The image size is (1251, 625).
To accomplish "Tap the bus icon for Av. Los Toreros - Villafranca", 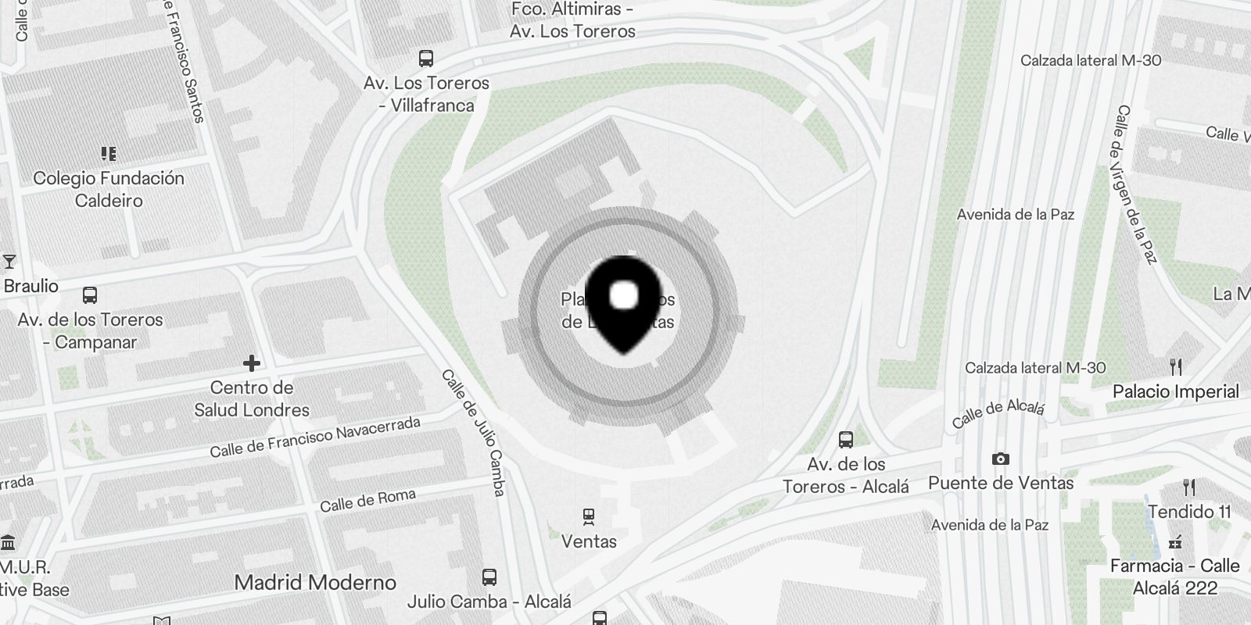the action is pos(426,59).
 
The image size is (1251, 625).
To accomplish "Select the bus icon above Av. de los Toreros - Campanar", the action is pos(90,295).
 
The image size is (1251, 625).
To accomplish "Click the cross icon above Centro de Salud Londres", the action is pos(251,363).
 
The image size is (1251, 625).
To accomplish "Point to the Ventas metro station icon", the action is pos(589,516).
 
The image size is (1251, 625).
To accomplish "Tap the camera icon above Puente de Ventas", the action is pos(1000,459).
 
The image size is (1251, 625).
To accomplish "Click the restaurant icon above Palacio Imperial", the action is pos(1175,366).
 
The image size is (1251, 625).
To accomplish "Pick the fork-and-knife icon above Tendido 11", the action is pos(1188,487).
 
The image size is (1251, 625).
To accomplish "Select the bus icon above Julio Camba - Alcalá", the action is pos(489,577).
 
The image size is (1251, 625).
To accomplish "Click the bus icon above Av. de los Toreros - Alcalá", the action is pos(846,439).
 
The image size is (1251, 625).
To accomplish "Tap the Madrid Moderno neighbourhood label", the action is pos(315,582).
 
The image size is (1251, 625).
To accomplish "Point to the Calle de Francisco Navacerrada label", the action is pos(315,437).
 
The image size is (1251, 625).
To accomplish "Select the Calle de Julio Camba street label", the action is pos(473,433).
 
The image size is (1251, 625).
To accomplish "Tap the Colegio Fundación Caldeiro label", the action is pos(109,189).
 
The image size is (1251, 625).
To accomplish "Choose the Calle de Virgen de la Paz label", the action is pos(1136,184).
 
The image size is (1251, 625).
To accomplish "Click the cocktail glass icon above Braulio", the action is pos(9,261).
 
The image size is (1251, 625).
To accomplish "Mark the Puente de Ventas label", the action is pos(1001,483).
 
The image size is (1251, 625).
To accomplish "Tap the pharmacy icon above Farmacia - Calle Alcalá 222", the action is pos(1174,541).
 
